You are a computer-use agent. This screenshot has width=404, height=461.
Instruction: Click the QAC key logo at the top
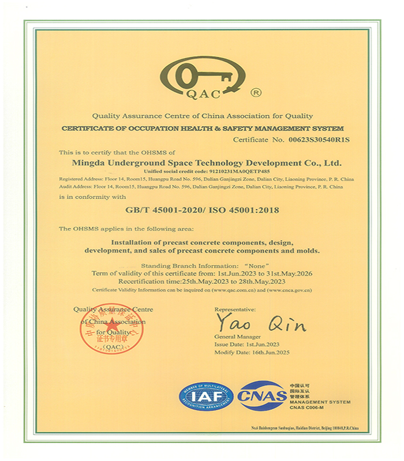(203, 78)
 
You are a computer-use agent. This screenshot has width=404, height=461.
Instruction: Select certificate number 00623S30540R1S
(319, 139)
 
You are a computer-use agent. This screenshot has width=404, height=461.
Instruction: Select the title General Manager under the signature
(237, 336)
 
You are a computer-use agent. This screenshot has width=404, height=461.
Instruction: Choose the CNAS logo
(262, 396)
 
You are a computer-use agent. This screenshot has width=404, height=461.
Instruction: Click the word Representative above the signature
(235, 309)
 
